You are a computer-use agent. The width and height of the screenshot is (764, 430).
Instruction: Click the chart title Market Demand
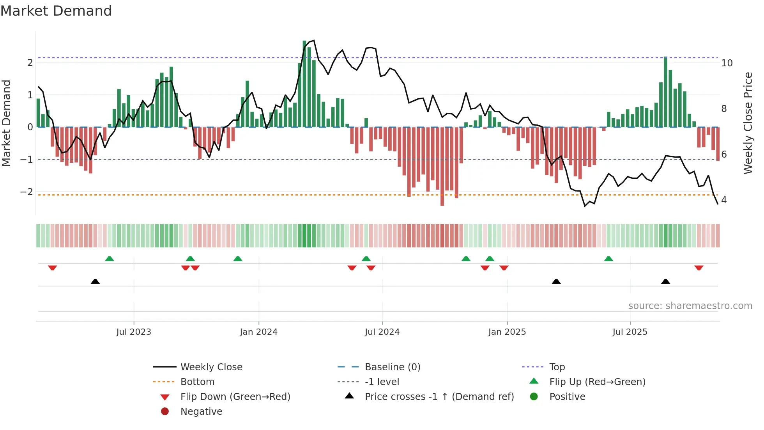coord(56,11)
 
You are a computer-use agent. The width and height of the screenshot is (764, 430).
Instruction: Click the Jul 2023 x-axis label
coord(133,332)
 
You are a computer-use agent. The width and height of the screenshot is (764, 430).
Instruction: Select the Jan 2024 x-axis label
coord(258,332)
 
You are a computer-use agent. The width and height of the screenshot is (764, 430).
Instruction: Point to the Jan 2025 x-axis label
coord(507,332)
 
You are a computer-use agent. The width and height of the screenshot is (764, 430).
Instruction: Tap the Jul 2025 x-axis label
coord(630,332)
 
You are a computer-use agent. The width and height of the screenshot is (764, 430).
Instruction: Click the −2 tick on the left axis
coord(27,192)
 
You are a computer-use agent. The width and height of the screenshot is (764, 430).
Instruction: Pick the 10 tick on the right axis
coord(727,63)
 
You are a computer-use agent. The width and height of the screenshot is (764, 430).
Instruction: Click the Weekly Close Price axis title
coord(748,123)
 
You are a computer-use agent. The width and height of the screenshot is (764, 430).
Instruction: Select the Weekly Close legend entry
coord(211,367)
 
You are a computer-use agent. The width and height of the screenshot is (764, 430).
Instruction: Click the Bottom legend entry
coord(197,382)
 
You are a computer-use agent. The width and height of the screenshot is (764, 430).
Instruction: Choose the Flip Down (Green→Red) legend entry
coord(235,397)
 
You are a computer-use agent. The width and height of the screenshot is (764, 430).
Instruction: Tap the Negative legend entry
coord(201,412)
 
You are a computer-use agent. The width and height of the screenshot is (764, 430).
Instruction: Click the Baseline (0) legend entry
coord(392,367)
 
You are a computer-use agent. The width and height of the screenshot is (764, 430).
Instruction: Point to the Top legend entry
coord(557,367)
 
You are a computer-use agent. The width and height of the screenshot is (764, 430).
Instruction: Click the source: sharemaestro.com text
coord(690,306)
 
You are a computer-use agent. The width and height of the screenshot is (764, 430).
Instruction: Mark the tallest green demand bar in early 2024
coord(304,84)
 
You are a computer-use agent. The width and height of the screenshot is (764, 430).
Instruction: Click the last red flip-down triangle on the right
coord(699,268)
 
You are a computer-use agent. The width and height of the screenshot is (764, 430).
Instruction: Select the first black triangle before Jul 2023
coord(95,281)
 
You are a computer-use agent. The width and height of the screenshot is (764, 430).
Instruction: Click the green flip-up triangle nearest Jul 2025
coord(608,259)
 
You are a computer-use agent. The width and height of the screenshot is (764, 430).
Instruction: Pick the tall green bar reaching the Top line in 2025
coord(665,92)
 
